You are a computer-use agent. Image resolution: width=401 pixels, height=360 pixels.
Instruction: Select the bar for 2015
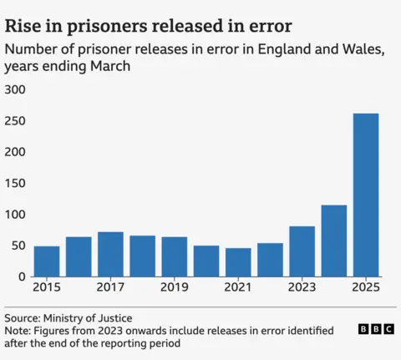point(47,261)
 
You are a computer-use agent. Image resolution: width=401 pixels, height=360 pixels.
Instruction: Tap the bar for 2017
point(110,254)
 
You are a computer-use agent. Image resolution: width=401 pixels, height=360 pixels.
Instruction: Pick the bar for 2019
point(175,256)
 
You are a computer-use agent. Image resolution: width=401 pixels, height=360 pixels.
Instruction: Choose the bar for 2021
point(238,262)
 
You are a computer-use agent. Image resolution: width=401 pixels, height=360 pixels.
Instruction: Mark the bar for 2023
point(302,251)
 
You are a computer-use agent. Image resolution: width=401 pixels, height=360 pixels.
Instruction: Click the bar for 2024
point(334,241)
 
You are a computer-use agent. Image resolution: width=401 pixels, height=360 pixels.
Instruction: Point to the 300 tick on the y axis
point(16,89)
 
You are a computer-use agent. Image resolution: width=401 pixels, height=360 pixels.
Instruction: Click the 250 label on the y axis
point(16,121)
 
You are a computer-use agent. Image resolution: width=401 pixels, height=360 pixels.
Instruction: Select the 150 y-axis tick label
point(16,183)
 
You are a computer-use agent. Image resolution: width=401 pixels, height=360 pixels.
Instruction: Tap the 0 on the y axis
point(23,276)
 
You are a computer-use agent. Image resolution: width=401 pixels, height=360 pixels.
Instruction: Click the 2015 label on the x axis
point(47,287)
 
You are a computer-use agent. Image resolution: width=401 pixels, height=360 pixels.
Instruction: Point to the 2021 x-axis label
point(238,287)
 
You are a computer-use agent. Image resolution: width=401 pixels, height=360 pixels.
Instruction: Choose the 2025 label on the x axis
point(366,287)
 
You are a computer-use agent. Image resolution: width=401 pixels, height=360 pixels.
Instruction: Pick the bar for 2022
point(270,260)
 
